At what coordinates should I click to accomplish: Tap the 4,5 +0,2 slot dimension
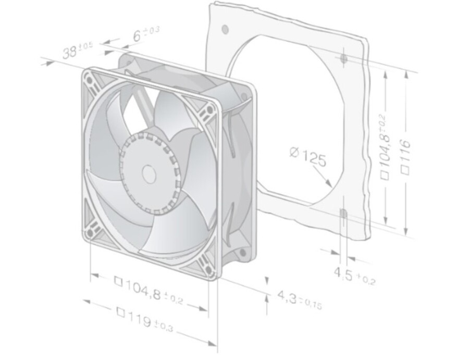pyautogui.click(x=354, y=275)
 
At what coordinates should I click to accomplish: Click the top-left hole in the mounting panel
pyautogui.click(x=225, y=28)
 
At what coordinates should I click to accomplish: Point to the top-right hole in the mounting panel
pyautogui.click(x=343, y=59)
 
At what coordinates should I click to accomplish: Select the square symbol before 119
pyautogui.click(x=120, y=312)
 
